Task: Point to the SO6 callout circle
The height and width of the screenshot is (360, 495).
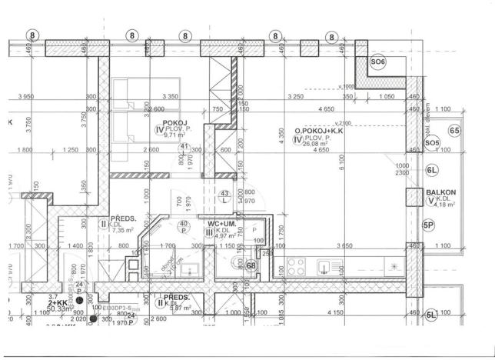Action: click(x=377, y=62)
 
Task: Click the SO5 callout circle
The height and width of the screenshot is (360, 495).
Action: click(x=432, y=143)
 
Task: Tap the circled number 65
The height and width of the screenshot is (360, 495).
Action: click(x=455, y=131)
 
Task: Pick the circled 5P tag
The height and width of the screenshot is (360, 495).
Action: click(x=429, y=225)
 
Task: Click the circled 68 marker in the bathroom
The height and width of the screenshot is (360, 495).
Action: click(x=251, y=266)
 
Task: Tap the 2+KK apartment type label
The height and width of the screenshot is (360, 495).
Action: click(x=58, y=303)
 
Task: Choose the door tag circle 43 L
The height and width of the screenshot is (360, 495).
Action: click(x=224, y=196)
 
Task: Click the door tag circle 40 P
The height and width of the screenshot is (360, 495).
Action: click(x=184, y=226)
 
